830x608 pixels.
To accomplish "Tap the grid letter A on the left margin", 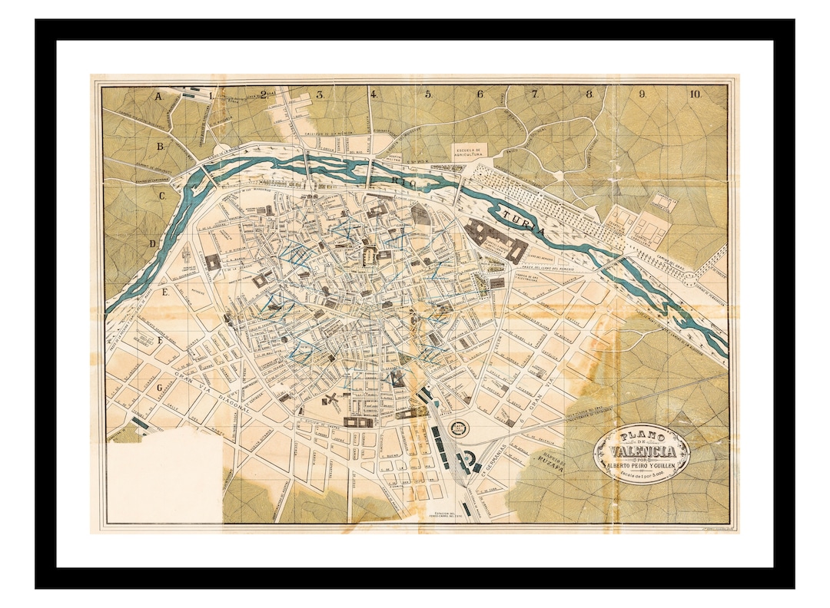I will tap(159, 97).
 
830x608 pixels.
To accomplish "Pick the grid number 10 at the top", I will tap(695, 94).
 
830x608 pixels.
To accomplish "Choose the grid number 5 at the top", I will tap(429, 94).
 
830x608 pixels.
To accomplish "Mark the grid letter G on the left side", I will tap(160, 388).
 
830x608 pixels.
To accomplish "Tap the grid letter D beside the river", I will tap(153, 244).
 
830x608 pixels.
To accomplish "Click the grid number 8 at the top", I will tap(589, 94).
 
